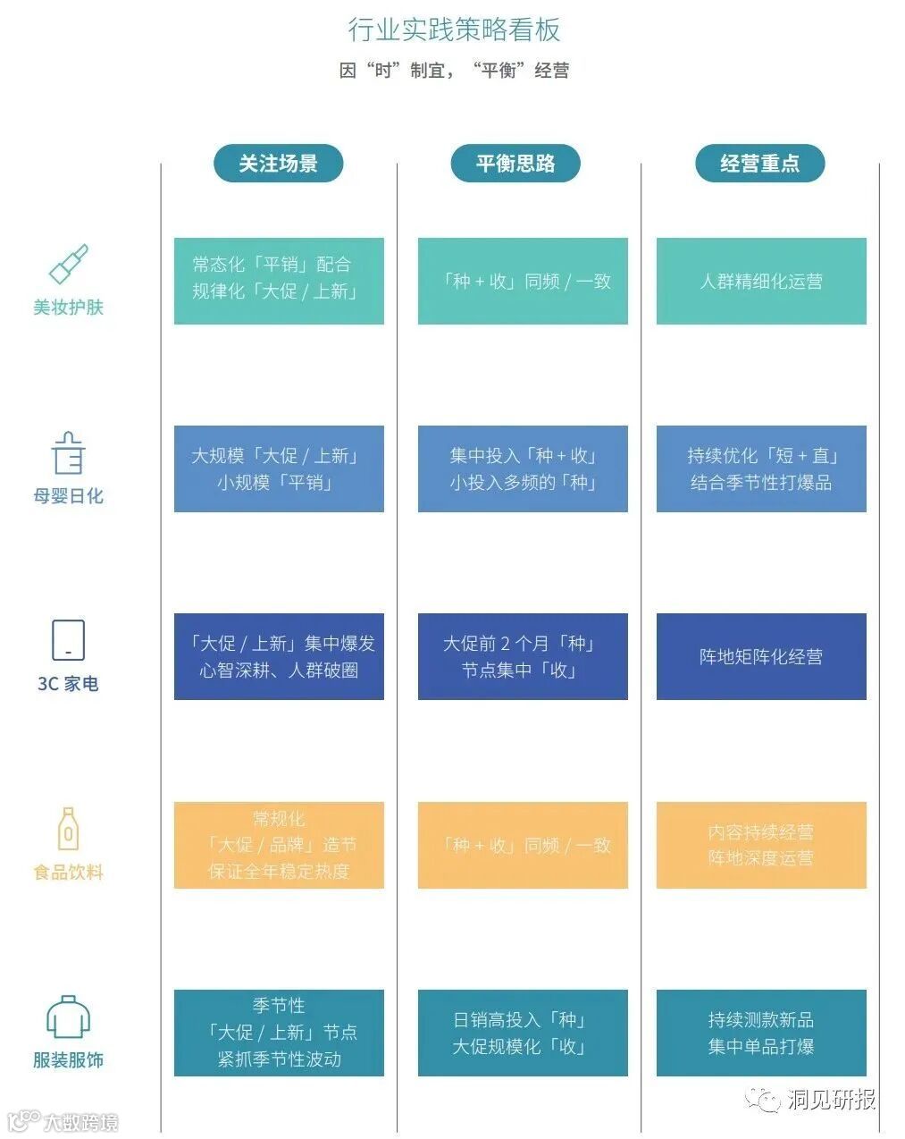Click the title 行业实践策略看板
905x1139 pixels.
click(x=454, y=30)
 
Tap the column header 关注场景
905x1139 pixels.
click(x=278, y=164)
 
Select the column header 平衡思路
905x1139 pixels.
click(x=515, y=164)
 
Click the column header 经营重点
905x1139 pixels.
click(x=759, y=164)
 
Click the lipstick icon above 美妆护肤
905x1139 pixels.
click(x=68, y=265)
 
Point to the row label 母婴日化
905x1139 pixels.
click(x=69, y=496)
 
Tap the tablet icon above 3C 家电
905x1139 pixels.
click(x=68, y=641)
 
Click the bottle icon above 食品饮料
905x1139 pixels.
click(x=68, y=830)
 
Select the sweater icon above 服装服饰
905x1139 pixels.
click(x=68, y=1017)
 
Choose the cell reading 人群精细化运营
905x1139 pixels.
click(x=761, y=281)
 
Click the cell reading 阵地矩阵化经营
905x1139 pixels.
click(x=761, y=656)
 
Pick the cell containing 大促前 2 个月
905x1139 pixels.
click(x=523, y=656)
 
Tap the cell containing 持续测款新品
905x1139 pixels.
click(x=761, y=1033)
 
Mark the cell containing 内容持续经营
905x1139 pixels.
click(x=761, y=845)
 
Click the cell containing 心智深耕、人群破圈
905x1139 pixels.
click(x=279, y=656)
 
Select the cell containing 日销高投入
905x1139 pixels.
click(x=523, y=1033)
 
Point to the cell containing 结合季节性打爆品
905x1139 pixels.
click(x=761, y=468)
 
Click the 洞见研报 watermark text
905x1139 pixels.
click(x=831, y=1099)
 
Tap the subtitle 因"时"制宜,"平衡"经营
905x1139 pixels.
click(x=454, y=71)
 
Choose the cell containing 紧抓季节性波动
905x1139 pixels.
click(x=279, y=1033)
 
